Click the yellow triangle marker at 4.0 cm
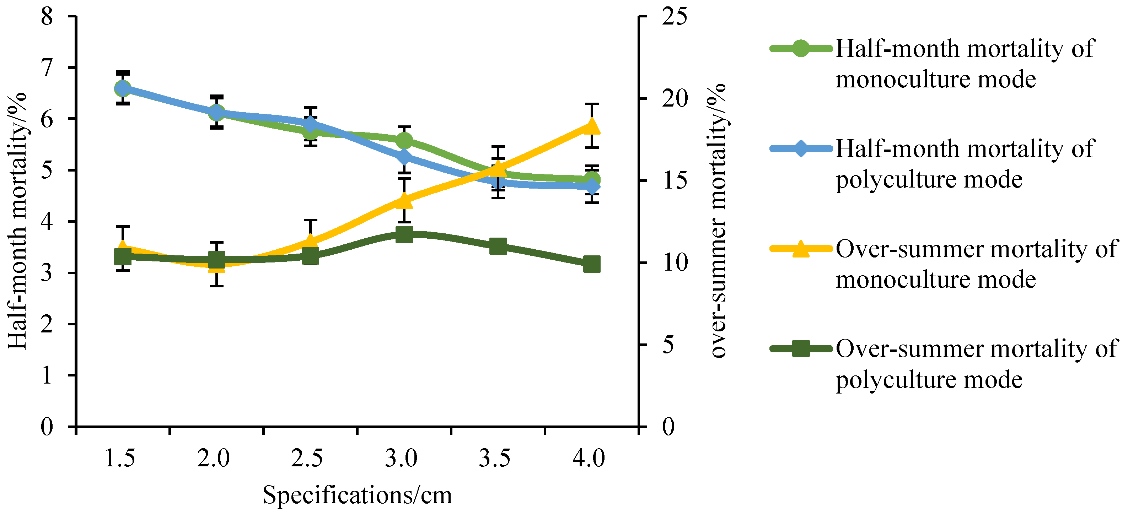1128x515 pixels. (x=592, y=126)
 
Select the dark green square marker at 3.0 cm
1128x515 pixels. (x=404, y=234)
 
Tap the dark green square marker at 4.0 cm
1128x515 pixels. (x=592, y=264)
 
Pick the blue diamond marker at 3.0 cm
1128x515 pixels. (x=404, y=157)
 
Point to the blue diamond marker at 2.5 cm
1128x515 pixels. (x=311, y=124)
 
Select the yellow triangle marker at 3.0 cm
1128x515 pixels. (x=404, y=200)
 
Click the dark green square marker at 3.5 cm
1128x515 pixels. (x=498, y=246)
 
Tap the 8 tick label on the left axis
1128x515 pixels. (x=47, y=17)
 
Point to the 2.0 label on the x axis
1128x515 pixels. (x=213, y=459)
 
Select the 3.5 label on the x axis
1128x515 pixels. (x=494, y=459)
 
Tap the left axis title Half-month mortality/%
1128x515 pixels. (x=17, y=221)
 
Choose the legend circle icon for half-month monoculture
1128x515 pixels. (x=800, y=49)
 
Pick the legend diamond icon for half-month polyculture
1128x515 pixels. (x=800, y=149)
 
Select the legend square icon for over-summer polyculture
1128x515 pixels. (x=800, y=349)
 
